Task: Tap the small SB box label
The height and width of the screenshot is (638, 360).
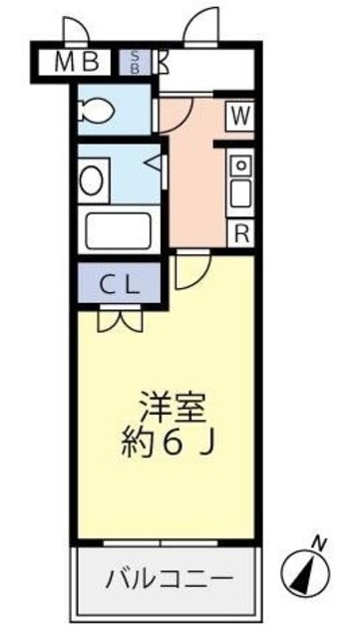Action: click(x=135, y=64)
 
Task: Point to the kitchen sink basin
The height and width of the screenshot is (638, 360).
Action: click(x=240, y=185)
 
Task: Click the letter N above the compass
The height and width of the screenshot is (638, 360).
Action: click(x=319, y=542)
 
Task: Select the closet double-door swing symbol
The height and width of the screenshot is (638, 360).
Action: click(x=122, y=319)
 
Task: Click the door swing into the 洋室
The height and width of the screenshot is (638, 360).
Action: click(x=189, y=271)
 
